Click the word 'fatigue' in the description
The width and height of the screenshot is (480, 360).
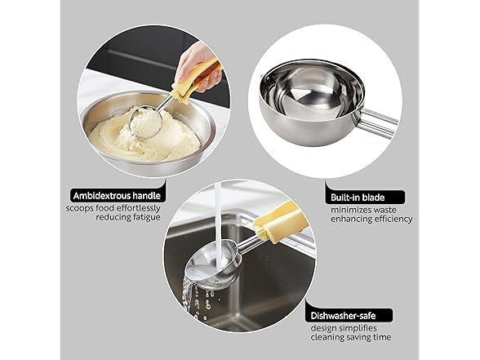point(140,217)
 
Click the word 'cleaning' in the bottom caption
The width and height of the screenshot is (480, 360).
point(328,337)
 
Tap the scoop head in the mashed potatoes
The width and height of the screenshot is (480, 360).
point(146,122)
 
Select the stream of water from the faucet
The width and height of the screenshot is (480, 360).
point(218,216)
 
